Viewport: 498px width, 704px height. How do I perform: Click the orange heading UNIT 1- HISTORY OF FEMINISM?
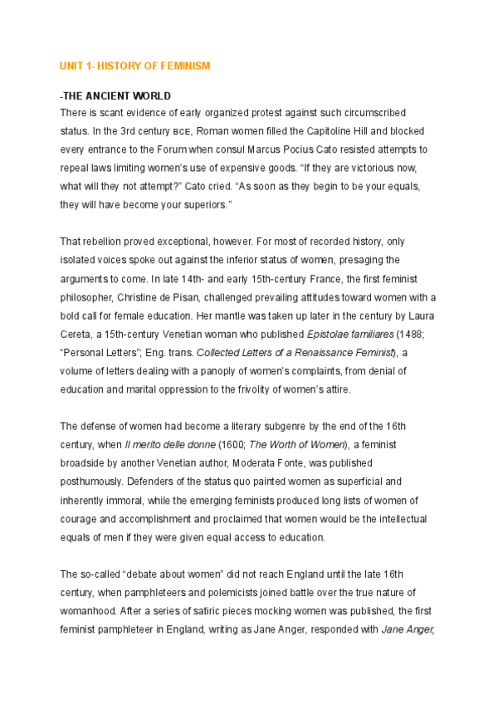pyautogui.click(x=134, y=66)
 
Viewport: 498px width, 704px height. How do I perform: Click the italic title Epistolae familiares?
pyautogui.click(x=341, y=333)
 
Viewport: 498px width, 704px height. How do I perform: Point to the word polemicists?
pyautogui.click(x=223, y=592)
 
